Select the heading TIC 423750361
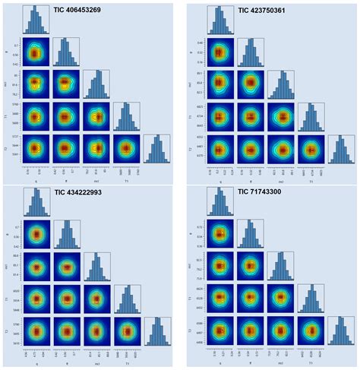pos(276,10)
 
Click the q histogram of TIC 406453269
pos(36,20)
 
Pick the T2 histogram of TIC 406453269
pos(156,149)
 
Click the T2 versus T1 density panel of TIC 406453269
pos(127,149)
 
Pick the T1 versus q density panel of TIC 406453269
pos(36,116)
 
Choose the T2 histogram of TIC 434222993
pos(156,332)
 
